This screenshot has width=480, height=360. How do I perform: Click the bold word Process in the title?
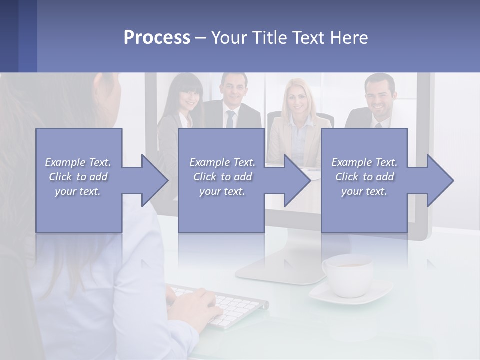click(x=157, y=38)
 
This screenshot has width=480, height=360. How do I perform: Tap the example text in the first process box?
click(x=78, y=177)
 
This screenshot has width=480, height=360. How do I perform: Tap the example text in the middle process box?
click(x=222, y=177)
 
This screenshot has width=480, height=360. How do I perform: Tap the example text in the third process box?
click(x=364, y=177)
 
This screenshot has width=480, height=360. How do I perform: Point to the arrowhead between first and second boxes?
click(x=152, y=180)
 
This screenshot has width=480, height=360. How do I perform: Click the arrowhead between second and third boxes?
click(x=295, y=180)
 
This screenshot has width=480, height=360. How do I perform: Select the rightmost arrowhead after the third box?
click(x=438, y=180)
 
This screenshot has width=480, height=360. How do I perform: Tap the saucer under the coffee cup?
click(x=350, y=295)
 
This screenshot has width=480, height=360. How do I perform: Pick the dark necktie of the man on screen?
click(x=230, y=119)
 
